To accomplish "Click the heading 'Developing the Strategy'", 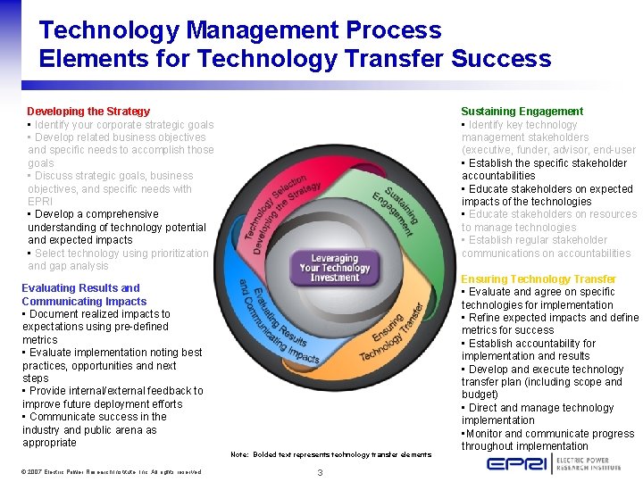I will [88, 112].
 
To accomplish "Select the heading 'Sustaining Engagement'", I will [522, 112].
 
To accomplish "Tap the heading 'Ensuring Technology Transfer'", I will [538, 279].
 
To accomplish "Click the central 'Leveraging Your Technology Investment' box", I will [334, 267].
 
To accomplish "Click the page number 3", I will [320, 471].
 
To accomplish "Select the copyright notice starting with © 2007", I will [112, 471].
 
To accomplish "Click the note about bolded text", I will [330, 454].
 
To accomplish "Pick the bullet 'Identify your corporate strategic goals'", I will [121, 125].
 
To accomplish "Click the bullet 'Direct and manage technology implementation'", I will [537, 414].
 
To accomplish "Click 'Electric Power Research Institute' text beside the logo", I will [596, 463].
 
